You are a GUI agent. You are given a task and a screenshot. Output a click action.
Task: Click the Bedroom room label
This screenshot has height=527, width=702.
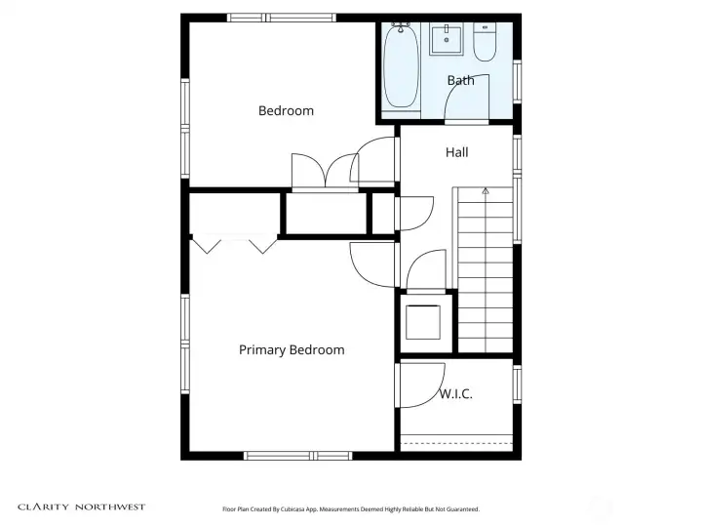click(x=286, y=110)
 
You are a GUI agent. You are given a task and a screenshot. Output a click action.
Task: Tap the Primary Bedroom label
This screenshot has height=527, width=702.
click(x=292, y=350)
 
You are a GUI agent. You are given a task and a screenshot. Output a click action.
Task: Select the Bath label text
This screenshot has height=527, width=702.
click(x=460, y=80)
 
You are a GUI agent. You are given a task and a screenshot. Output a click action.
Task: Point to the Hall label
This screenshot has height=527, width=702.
click(x=456, y=152)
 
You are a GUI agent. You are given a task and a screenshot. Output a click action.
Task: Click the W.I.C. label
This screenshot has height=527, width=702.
click(x=455, y=394)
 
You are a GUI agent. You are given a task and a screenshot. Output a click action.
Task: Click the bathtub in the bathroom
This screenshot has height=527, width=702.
click(x=402, y=66)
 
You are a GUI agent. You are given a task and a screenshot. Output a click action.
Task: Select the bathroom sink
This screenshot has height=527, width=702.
click(x=447, y=39)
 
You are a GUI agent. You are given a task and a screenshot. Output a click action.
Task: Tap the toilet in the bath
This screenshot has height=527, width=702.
click(x=485, y=42)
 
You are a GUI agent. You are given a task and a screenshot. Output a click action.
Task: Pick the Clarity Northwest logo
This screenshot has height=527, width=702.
click(x=82, y=507)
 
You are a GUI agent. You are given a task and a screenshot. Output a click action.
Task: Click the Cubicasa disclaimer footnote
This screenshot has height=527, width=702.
click(x=351, y=509)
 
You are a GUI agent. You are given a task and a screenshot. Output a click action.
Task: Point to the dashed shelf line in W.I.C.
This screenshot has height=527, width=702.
click(x=456, y=444)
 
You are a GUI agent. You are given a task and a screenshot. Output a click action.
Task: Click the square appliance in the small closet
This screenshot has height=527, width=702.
click(x=423, y=322)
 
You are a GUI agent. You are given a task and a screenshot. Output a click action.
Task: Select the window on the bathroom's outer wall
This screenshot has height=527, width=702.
click(x=517, y=81)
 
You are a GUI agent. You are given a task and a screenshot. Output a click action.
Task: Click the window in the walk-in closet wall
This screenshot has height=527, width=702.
click(x=517, y=385)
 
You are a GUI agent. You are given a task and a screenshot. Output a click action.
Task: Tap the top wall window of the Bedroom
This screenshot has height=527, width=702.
click(x=281, y=18)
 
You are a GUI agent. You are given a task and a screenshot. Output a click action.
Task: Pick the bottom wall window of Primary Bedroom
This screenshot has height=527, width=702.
click(x=298, y=456)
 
